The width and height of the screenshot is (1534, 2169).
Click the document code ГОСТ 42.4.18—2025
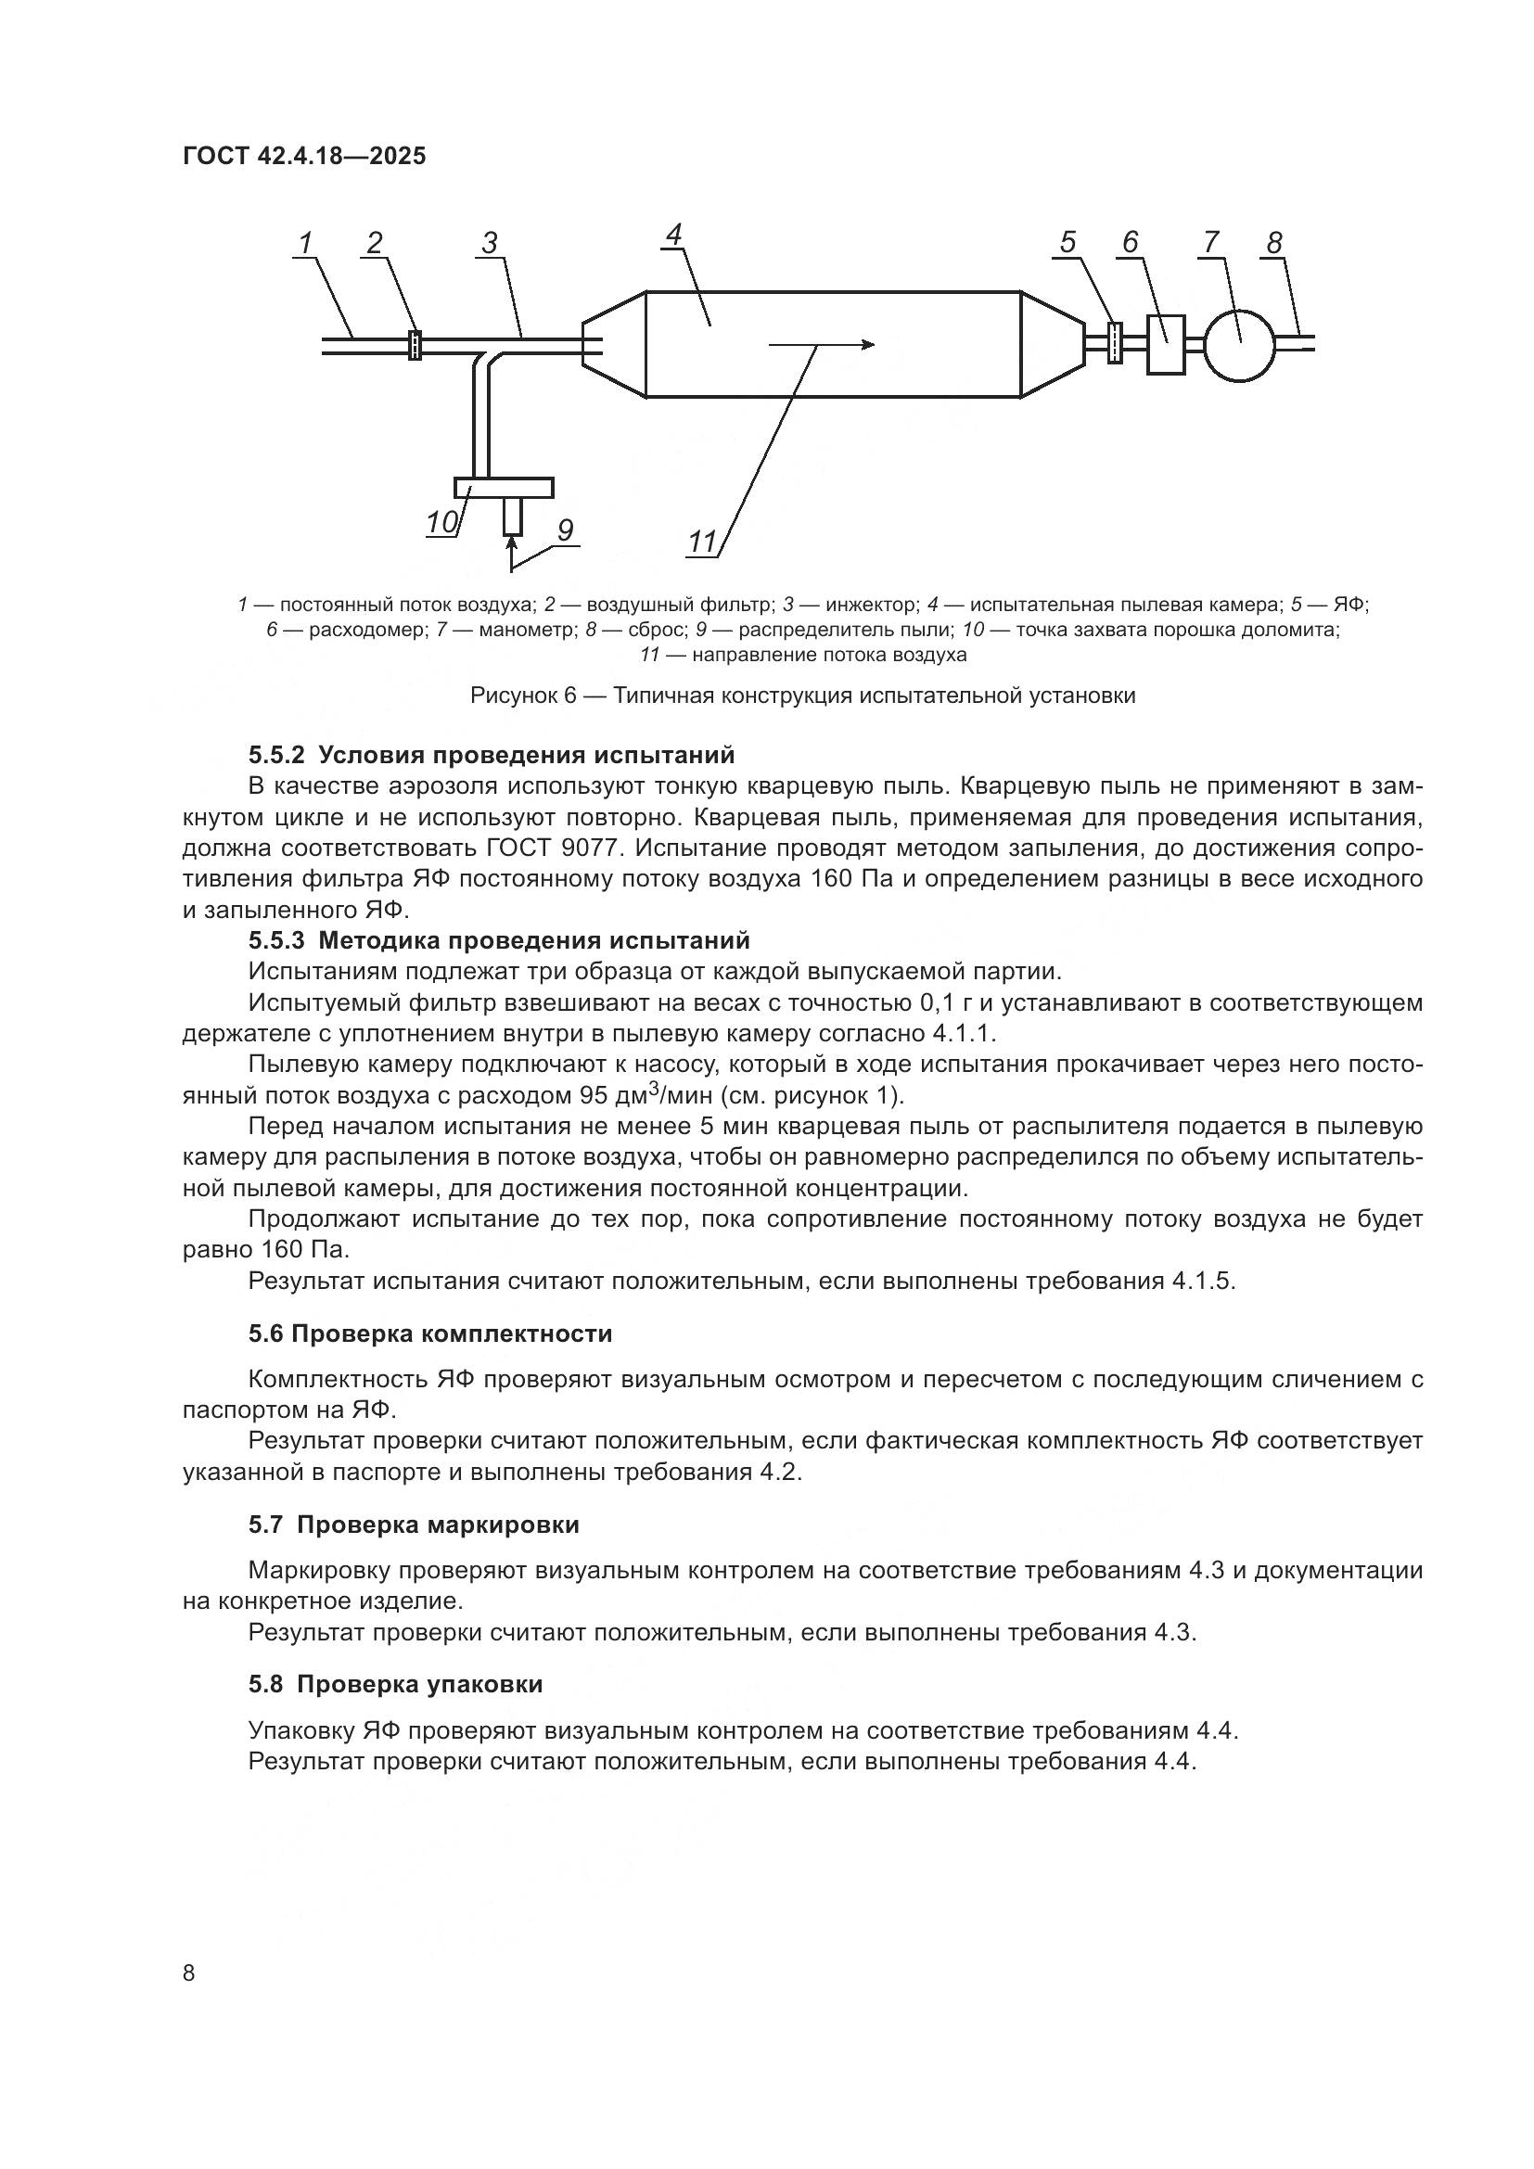(x=304, y=157)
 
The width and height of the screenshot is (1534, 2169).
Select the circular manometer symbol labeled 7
(x=1240, y=346)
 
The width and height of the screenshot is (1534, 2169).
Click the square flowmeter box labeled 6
(x=1166, y=345)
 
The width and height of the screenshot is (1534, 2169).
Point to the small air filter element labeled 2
(x=414, y=345)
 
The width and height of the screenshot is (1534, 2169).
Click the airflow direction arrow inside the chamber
(x=821, y=345)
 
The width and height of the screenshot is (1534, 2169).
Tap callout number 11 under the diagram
(x=702, y=542)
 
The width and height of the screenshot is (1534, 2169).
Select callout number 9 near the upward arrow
(x=565, y=531)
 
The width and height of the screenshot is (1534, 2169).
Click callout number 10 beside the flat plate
(x=442, y=522)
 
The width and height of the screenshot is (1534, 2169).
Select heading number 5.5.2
(x=276, y=755)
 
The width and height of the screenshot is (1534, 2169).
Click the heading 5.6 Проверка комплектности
(x=429, y=1333)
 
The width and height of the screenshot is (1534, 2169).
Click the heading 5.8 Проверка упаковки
(x=395, y=1684)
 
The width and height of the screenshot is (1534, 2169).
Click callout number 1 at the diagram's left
(x=305, y=244)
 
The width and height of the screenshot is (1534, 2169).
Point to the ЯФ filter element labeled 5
(x=1115, y=345)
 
